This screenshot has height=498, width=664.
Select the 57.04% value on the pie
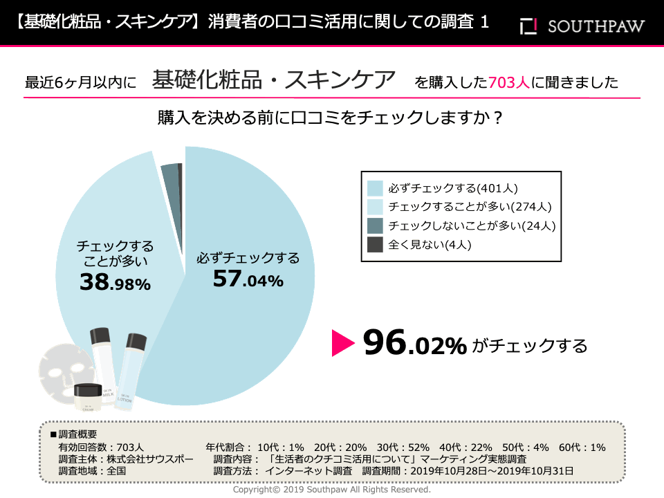(248, 280)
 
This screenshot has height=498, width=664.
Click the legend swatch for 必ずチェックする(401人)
(376, 187)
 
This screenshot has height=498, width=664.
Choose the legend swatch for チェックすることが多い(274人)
(376, 206)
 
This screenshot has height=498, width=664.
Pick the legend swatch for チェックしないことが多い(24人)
(376, 225)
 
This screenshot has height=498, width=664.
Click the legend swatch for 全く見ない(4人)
(376, 243)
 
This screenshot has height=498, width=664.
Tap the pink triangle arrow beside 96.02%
(342, 343)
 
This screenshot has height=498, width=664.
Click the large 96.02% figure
(415, 343)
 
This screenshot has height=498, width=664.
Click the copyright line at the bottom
(331, 489)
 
